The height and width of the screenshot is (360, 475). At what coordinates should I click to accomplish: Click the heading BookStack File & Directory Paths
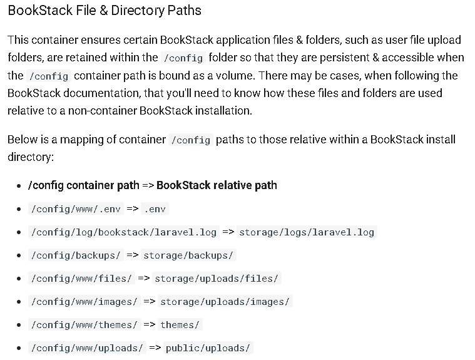(105, 11)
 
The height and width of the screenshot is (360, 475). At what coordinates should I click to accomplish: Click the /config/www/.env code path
(76, 208)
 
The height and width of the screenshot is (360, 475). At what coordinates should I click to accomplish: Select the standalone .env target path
(155, 208)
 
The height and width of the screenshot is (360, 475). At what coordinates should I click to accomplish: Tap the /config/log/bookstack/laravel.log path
(124, 232)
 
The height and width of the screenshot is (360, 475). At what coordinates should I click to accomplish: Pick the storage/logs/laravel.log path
(307, 232)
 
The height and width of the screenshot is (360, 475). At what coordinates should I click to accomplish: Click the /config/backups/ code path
(76, 255)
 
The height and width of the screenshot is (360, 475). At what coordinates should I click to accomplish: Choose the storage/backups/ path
(188, 255)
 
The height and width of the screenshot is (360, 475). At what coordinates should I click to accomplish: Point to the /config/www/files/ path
(81, 279)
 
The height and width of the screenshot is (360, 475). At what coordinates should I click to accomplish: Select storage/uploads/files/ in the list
(217, 279)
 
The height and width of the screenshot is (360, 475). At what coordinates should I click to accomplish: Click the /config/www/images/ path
(84, 302)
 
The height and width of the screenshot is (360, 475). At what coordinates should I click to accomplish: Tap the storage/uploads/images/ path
(225, 302)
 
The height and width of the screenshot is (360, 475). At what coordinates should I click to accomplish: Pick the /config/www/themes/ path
(84, 324)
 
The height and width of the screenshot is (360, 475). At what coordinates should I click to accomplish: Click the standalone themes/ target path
(180, 324)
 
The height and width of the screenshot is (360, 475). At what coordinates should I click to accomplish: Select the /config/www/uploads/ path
(87, 348)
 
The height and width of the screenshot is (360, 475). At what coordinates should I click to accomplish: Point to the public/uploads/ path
(208, 348)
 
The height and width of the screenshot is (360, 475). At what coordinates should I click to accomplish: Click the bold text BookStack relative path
(217, 185)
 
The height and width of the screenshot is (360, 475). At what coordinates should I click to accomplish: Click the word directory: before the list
(31, 157)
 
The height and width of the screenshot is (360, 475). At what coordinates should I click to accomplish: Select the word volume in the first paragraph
(235, 76)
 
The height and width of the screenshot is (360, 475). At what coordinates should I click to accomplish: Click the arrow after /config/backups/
(133, 255)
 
